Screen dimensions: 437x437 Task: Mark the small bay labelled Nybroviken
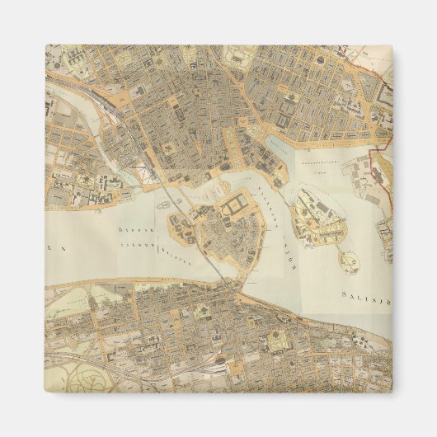point(277,149)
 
